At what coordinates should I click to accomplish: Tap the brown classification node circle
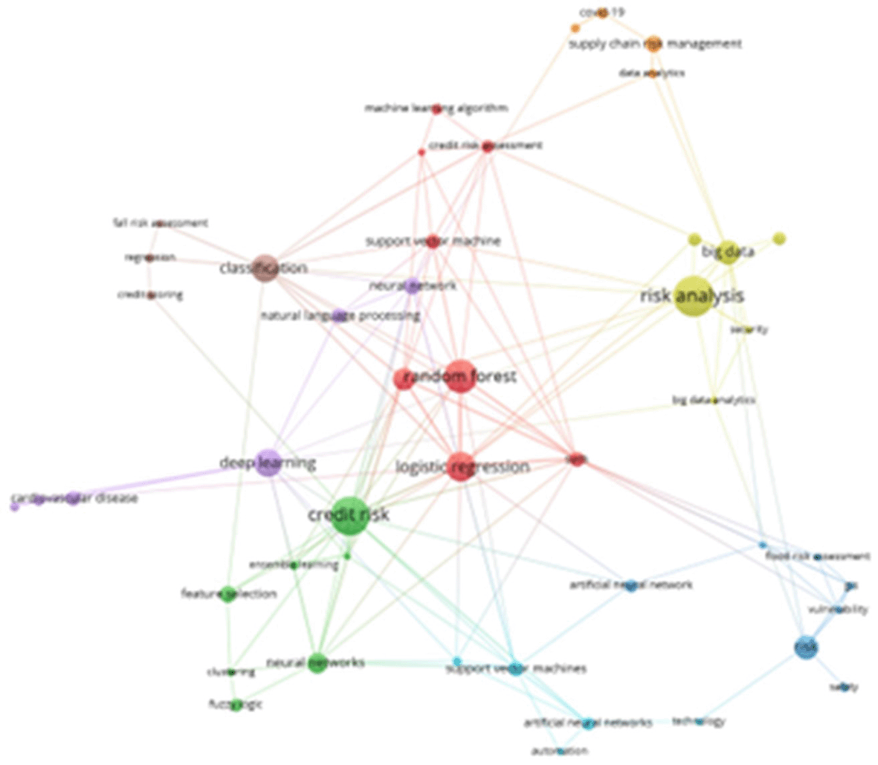265,268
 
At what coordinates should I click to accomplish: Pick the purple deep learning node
268,463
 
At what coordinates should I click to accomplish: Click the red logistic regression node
460,467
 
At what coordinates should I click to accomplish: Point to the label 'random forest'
459,377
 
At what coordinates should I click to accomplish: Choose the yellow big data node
729,251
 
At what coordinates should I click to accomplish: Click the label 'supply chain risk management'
655,44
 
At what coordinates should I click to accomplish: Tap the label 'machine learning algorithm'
436,109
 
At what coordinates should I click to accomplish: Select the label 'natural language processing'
340,316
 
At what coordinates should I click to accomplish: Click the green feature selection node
228,593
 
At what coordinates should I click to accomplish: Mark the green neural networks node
317,662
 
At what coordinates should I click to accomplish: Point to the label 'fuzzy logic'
235,703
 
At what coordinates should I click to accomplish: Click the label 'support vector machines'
516,668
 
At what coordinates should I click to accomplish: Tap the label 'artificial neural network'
630,585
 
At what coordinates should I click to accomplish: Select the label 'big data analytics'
714,400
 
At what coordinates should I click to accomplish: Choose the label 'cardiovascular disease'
74,497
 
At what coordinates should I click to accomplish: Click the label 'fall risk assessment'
160,223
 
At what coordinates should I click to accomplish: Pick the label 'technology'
698,721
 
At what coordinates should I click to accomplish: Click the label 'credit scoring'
150,294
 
